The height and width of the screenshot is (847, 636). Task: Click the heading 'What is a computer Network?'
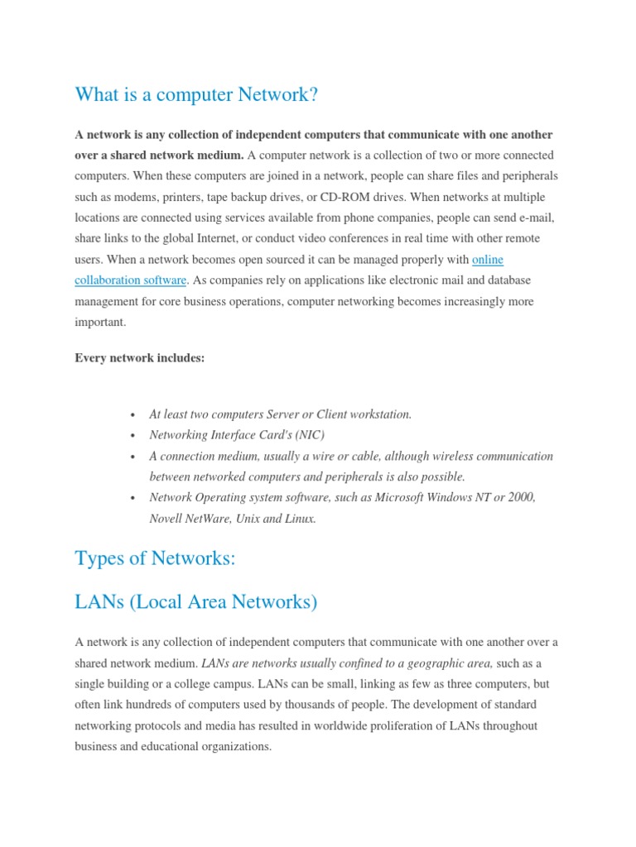(196, 95)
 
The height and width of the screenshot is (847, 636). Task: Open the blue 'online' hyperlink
(488, 260)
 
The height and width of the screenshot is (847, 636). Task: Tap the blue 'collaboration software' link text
(131, 280)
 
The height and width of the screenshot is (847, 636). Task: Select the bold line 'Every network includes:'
(139, 357)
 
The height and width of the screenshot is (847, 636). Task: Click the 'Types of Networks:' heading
(156, 558)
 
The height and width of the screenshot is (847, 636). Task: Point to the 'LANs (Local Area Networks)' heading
(196, 602)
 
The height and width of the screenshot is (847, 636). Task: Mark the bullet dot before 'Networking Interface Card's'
(132, 436)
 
